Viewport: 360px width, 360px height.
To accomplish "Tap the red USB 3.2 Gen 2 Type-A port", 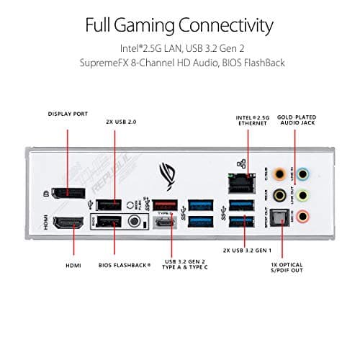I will pyautogui.click(x=164, y=205).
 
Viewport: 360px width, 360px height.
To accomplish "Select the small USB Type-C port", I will pyautogui.click(x=164, y=224).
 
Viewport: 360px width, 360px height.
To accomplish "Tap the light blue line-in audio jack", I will pyautogui.click(x=305, y=174).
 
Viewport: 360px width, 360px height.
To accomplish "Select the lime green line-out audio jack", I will pyautogui.click(x=305, y=195).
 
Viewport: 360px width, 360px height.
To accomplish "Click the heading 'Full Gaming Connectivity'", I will pyautogui.click(x=179, y=27).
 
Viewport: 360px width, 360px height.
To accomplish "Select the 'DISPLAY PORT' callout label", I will pyautogui.click(x=68, y=114).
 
